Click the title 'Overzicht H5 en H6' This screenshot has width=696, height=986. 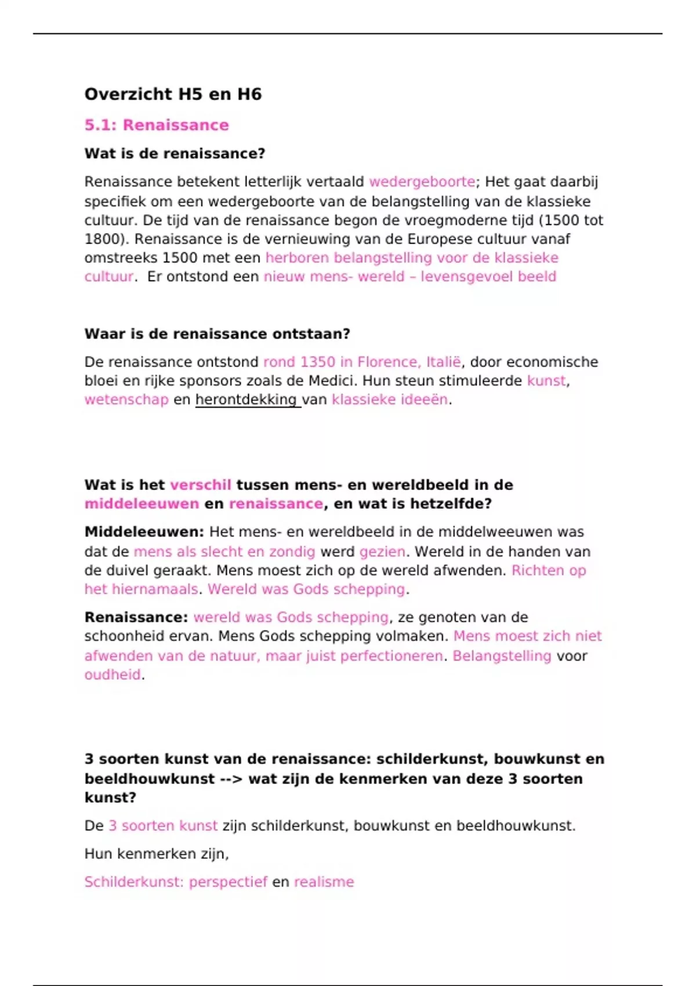tap(173, 94)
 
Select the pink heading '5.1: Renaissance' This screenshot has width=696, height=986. tap(157, 125)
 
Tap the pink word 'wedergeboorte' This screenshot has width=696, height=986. tap(422, 182)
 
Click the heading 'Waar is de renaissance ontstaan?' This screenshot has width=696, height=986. tap(217, 334)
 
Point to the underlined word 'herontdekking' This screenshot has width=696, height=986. tap(246, 400)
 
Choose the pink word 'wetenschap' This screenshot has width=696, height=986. tap(126, 400)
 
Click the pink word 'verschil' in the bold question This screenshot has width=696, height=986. tap(200, 485)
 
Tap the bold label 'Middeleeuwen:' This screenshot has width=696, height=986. tap(144, 532)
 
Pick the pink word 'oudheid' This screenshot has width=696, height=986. tap(113, 675)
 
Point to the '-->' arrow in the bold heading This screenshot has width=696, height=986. tap(231, 778)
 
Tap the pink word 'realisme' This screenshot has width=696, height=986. tap(324, 882)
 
